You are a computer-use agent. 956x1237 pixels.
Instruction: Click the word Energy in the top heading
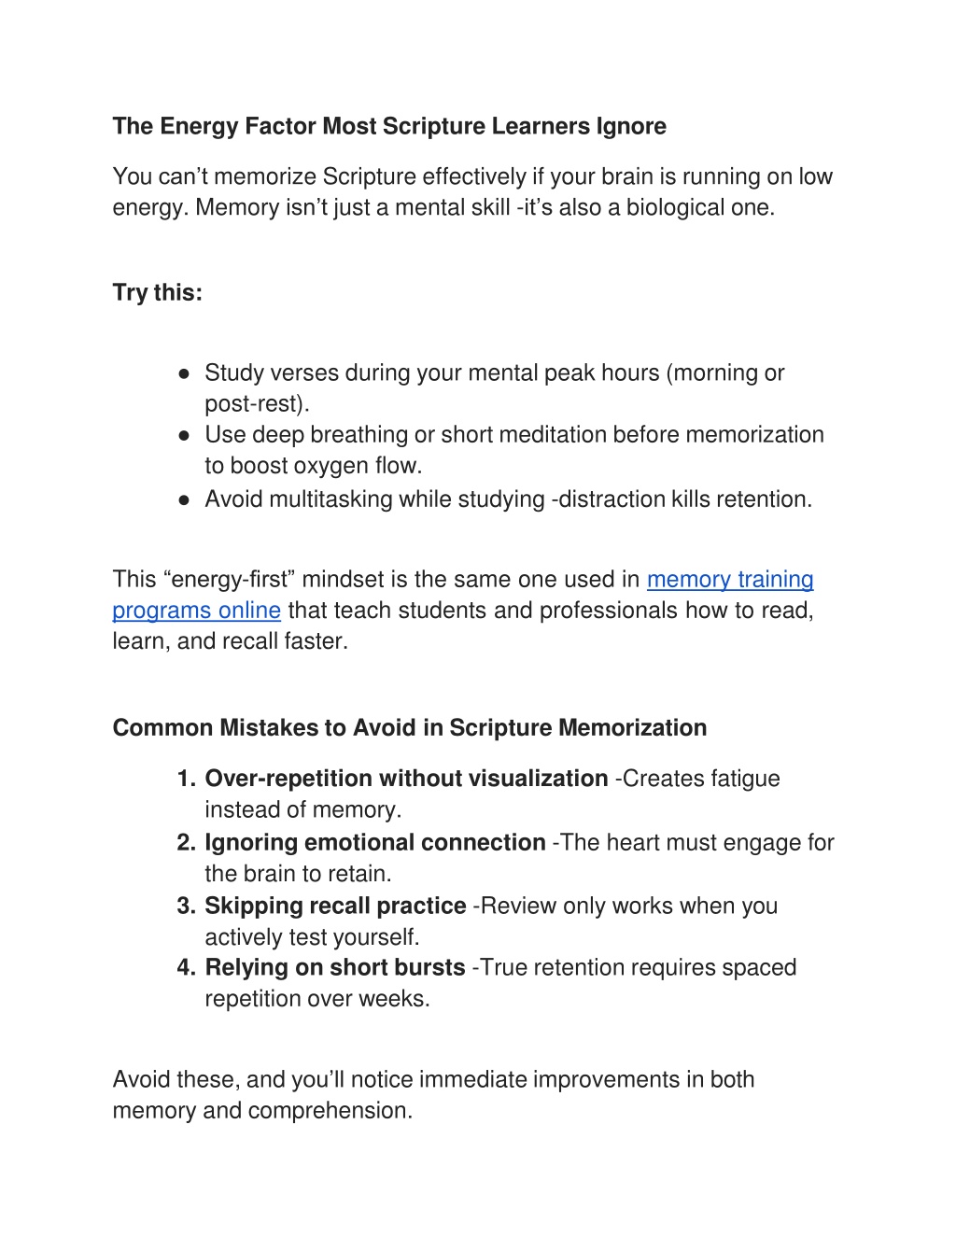199,126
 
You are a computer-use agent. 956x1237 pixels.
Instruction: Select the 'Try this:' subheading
157,292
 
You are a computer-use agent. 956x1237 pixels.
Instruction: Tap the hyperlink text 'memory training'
729,579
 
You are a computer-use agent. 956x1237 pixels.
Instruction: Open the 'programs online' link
196,610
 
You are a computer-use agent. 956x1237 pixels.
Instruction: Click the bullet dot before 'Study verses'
185,373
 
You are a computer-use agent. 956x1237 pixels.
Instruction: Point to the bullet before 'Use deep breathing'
185,435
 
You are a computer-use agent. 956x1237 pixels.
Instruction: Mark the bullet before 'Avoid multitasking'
185,499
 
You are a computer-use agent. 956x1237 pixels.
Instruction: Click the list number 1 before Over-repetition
185,779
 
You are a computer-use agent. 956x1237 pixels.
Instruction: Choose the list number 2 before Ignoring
185,842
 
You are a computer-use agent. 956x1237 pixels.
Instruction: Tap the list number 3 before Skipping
185,906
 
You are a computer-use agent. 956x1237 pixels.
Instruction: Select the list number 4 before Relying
185,967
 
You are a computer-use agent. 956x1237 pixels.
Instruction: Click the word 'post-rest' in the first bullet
253,404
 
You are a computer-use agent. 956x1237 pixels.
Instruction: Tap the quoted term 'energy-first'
233,579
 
